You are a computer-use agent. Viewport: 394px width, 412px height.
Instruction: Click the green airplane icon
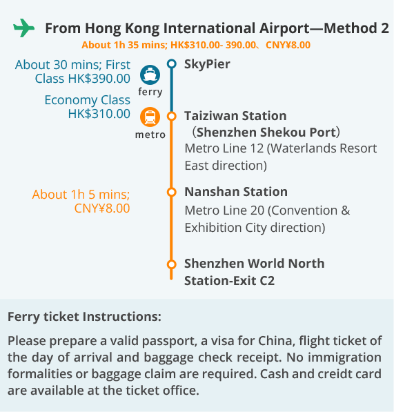[x=24, y=28]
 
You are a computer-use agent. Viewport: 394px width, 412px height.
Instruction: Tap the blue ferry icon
[x=150, y=75]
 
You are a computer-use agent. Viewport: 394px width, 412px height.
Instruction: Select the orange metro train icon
[x=150, y=117]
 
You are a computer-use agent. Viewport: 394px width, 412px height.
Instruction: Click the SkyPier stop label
[x=207, y=64]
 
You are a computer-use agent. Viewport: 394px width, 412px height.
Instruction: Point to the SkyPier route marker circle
[x=172, y=63]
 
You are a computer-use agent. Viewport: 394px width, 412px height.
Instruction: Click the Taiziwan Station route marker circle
[x=172, y=116]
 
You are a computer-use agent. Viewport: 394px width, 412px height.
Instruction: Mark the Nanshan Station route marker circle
[x=172, y=192]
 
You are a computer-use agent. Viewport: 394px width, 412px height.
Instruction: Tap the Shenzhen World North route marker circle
[x=172, y=264]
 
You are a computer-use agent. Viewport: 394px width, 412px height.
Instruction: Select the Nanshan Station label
[x=236, y=192]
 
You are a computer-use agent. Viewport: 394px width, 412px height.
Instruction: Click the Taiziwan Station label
[x=235, y=116]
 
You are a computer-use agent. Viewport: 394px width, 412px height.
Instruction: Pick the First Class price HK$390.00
[x=99, y=79]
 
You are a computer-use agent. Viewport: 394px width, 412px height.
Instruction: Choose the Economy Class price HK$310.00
[x=99, y=114]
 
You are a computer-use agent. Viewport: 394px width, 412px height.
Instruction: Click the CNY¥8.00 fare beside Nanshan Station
[x=102, y=208]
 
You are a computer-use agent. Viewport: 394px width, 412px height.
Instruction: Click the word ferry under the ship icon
[x=150, y=92]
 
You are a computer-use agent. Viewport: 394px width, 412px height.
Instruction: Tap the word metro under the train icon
[x=150, y=135]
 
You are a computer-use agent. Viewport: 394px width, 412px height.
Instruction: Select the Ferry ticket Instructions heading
[x=84, y=317]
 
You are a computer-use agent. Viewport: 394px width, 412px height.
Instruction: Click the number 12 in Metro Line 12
[x=257, y=148]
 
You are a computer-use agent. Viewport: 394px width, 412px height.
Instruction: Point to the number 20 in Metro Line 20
[x=257, y=210]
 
